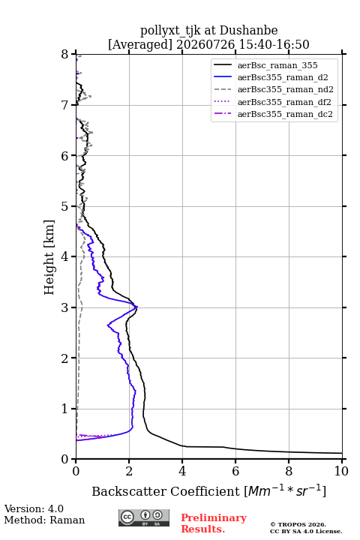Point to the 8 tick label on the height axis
click(65, 55)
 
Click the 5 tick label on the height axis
click(65, 206)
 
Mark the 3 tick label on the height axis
click(65, 307)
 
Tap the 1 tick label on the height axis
click(65, 409)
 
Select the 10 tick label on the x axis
click(341, 471)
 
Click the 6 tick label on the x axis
click(235, 471)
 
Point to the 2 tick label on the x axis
click(129, 471)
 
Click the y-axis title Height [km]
click(49, 257)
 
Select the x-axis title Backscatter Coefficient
click(166, 491)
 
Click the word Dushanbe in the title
click(248, 31)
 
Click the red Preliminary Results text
click(214, 523)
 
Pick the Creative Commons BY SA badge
click(144, 518)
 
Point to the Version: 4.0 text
click(34, 508)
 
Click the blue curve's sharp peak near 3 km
click(137, 307)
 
